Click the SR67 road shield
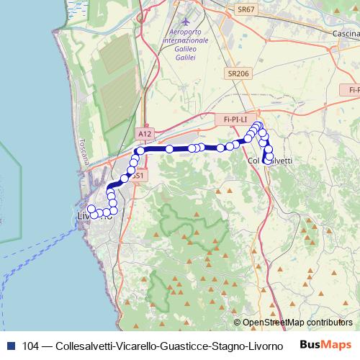click(246, 10)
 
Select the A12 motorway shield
click(145, 134)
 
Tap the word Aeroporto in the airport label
click(187, 32)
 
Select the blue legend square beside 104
click(11, 346)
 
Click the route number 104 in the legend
click(31, 346)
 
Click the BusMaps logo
click(326, 345)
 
